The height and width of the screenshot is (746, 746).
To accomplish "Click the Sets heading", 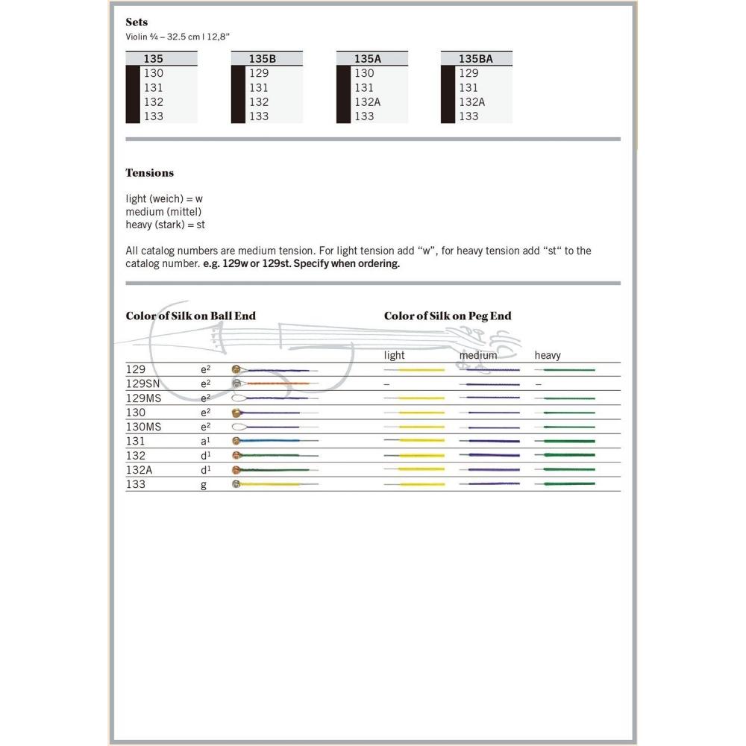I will (x=137, y=22).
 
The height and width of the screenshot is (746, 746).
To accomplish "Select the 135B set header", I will (x=263, y=58).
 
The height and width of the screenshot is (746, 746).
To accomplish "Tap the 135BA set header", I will (x=475, y=58).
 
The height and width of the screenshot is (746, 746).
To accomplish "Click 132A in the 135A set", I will (x=368, y=101).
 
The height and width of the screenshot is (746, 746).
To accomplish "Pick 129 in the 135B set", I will (x=259, y=73).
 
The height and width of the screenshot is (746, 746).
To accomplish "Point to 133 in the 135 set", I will (x=154, y=116).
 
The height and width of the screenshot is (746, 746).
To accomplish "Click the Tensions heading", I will (x=149, y=172).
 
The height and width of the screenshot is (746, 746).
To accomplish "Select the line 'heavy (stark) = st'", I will (x=165, y=225).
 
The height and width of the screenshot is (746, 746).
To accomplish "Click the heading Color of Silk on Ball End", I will (x=190, y=316).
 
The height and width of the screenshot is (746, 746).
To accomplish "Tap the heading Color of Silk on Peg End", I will (x=448, y=316).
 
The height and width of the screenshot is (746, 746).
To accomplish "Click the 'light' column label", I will (x=395, y=355).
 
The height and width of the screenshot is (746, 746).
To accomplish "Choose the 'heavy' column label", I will (x=548, y=355).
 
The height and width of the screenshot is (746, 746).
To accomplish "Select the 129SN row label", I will (x=142, y=383).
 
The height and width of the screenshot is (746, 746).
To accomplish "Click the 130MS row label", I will (x=143, y=427).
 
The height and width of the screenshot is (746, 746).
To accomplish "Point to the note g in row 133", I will (x=204, y=484).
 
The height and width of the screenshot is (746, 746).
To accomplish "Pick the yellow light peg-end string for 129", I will (x=421, y=369).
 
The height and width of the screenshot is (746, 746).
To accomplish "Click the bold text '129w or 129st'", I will (x=256, y=263).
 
